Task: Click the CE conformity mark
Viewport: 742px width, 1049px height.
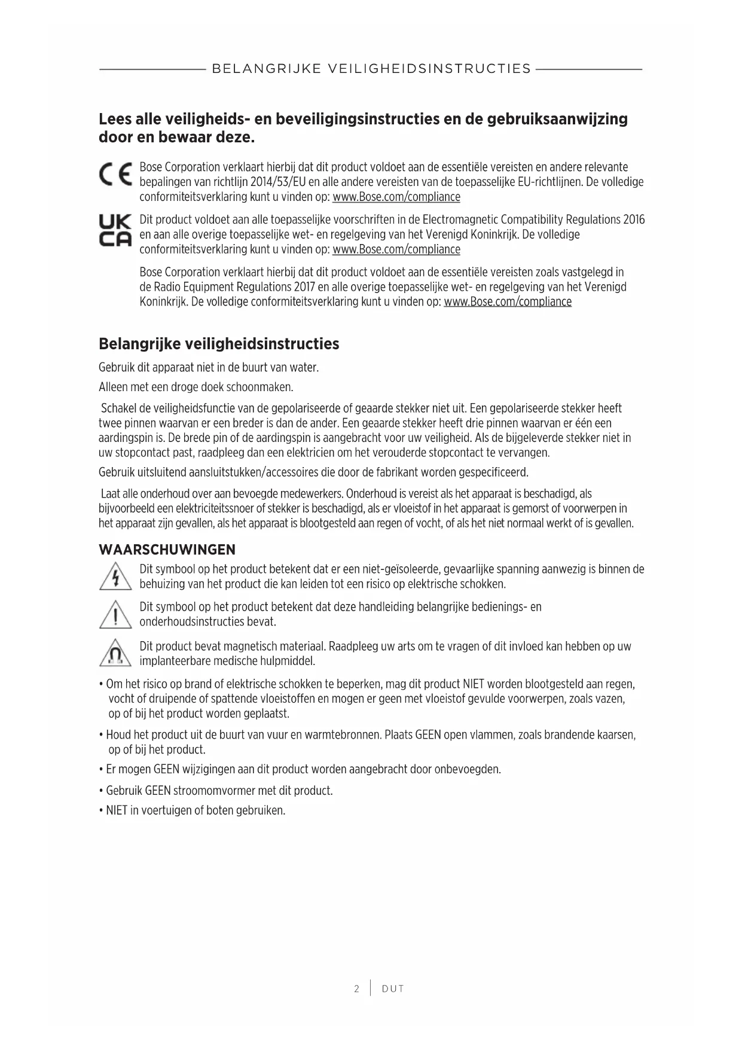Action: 115,174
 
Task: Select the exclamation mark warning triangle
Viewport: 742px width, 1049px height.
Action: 115,615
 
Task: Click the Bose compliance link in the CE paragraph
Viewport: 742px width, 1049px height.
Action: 396,197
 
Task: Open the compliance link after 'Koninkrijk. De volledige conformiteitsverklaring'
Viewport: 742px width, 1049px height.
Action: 508,301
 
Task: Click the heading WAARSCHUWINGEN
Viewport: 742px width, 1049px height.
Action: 167,550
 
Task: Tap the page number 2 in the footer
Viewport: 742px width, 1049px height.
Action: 357,989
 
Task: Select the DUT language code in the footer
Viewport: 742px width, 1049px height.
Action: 393,989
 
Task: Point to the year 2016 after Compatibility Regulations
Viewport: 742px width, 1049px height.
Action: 633,219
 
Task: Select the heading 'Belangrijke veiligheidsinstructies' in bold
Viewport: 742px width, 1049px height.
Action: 219,344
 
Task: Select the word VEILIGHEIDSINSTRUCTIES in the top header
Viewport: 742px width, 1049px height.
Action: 429,69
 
